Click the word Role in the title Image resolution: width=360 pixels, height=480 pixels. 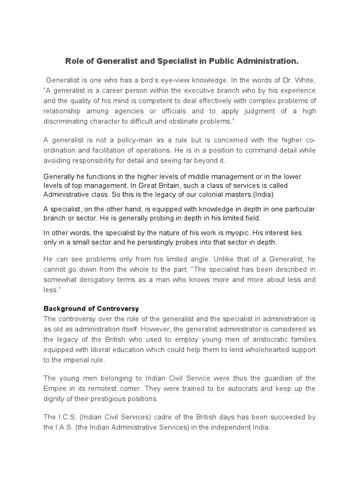(x=74, y=61)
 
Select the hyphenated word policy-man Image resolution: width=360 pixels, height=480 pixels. (x=124, y=140)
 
